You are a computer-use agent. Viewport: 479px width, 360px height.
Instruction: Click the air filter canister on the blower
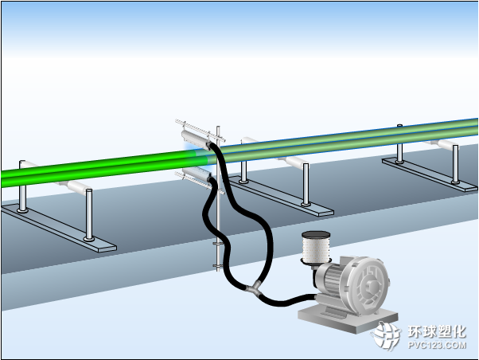click(x=316, y=247)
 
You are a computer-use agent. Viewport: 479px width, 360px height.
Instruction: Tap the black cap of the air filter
click(x=316, y=235)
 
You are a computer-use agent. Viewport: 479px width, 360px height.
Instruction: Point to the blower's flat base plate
click(x=348, y=320)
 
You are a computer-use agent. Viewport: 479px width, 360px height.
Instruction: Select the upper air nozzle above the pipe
click(x=196, y=140)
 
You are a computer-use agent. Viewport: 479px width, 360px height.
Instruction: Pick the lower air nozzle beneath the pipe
click(x=197, y=174)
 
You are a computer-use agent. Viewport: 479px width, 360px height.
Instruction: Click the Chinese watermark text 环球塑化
click(x=437, y=331)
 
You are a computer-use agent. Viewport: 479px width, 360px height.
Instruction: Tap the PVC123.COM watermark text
click(x=437, y=346)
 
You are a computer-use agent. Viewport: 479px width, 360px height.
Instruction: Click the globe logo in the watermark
click(x=387, y=336)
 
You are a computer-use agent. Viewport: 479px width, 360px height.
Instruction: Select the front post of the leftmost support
click(x=89, y=215)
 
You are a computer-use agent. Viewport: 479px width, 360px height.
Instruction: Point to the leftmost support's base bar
click(x=58, y=228)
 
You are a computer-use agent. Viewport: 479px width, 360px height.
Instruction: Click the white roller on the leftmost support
click(x=78, y=186)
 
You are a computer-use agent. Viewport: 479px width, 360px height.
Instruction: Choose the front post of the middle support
click(x=306, y=185)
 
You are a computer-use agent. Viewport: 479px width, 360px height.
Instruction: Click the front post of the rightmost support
click(x=455, y=164)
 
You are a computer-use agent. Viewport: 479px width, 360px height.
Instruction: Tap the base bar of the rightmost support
click(x=430, y=174)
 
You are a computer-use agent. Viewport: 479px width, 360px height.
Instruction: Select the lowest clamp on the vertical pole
click(x=217, y=265)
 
